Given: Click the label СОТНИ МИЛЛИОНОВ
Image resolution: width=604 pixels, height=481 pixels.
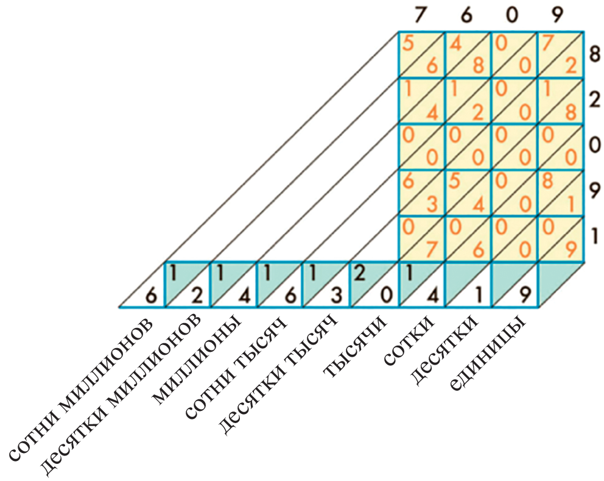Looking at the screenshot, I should (79, 389).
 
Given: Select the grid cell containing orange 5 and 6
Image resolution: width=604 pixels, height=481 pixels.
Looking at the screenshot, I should (421, 54).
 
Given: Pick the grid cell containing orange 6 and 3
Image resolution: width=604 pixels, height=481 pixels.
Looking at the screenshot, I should (421, 193).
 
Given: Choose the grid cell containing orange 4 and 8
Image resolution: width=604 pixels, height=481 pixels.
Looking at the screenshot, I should (468, 54).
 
